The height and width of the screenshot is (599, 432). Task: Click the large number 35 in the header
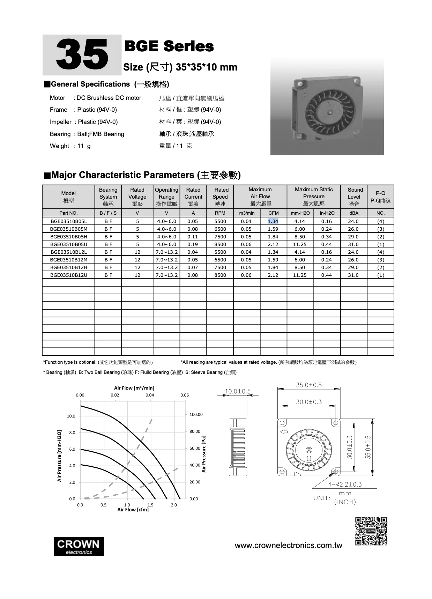pyautogui.click(x=82, y=55)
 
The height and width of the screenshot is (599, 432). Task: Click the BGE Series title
pyautogui.click(x=169, y=46)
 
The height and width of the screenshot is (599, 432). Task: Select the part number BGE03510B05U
pyautogui.click(x=68, y=244)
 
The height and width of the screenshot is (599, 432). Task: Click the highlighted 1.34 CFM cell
pyautogui.click(x=273, y=221)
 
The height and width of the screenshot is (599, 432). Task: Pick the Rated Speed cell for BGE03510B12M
pyautogui.click(x=220, y=260)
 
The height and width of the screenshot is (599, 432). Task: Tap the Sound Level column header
pyautogui.click(x=355, y=197)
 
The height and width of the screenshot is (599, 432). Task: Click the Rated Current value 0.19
pyautogui.click(x=193, y=244)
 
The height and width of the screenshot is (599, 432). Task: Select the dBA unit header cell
pyautogui.click(x=353, y=213)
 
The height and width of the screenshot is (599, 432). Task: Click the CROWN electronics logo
pyautogui.click(x=79, y=546)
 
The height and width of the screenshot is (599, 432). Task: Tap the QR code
pyautogui.click(x=371, y=531)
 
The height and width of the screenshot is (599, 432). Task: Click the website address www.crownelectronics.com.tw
pyautogui.click(x=288, y=546)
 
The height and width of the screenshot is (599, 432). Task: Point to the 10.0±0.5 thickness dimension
pyautogui.click(x=238, y=391)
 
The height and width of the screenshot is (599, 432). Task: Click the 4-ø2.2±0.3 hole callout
pyautogui.click(x=345, y=484)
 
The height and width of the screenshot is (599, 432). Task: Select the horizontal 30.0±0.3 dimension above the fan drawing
pyautogui.click(x=309, y=402)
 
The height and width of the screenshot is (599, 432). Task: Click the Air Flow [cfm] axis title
pyautogui.click(x=133, y=510)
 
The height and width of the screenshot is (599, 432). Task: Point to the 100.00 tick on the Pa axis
pyautogui.click(x=196, y=415)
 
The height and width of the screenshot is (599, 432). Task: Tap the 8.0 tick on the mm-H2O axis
pyautogui.click(x=72, y=432)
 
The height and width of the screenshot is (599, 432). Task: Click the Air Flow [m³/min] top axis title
pyautogui.click(x=134, y=388)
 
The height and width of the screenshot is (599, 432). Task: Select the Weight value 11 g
pyautogui.click(x=84, y=146)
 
